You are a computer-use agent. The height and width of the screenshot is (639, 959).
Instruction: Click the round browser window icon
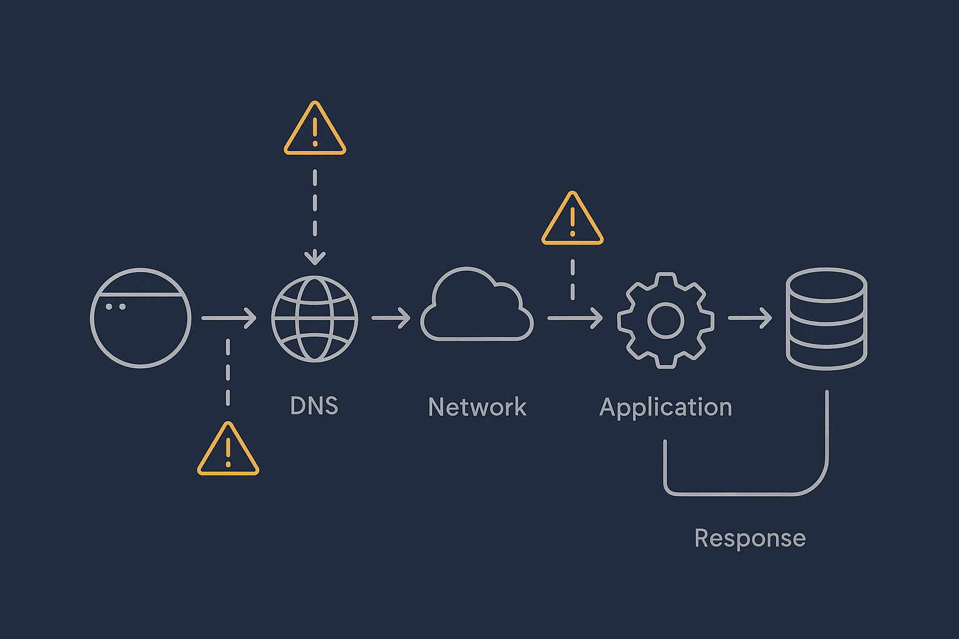point(140,318)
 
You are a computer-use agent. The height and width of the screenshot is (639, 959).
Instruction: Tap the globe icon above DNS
point(315,319)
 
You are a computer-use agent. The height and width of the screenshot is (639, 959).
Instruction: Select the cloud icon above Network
point(477,306)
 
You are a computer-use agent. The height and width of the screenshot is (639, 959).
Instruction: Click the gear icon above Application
point(666,320)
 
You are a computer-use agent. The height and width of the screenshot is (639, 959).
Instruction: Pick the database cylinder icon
point(826,319)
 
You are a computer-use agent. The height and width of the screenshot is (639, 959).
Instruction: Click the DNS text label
point(314,406)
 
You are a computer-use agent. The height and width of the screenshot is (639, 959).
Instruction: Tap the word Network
point(477,407)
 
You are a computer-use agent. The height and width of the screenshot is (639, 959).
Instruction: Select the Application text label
point(666,407)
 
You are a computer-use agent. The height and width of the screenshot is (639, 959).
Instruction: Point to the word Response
point(750,538)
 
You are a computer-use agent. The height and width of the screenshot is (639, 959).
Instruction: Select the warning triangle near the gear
point(572,220)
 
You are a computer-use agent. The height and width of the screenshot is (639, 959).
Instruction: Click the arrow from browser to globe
point(229,318)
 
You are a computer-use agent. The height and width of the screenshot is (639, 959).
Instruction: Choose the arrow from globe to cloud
point(391,318)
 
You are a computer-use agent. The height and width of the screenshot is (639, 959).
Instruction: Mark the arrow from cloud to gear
point(574,318)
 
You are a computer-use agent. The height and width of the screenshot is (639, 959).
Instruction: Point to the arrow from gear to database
point(750,318)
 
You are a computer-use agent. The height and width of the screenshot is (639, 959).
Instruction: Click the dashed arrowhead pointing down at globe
point(315,257)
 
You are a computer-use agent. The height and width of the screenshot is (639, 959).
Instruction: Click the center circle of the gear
point(666,320)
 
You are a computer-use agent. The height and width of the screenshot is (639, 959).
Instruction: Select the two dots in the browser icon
point(116,306)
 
